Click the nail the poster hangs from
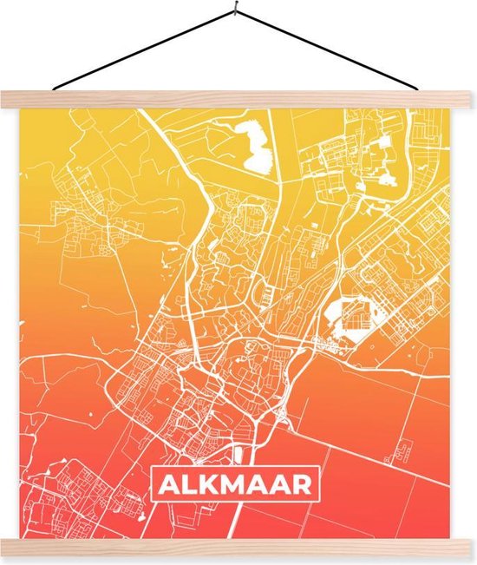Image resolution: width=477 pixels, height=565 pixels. coord(236,10)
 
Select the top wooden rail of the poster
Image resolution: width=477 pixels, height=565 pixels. coord(238,100)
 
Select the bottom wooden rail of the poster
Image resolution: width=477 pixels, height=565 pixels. coord(238,548)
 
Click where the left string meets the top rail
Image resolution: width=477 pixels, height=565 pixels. coord(54,89)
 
